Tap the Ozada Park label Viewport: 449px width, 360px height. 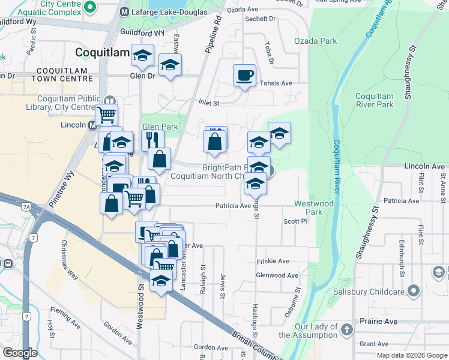[x=315, y=41]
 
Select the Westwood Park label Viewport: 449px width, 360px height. [x=313, y=208]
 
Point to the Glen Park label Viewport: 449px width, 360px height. [x=160, y=127]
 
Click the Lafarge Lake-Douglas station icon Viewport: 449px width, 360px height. [x=125, y=12]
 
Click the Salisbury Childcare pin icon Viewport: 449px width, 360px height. [x=413, y=292]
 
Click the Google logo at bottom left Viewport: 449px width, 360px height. [x=19, y=353]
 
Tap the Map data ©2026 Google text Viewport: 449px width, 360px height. [x=412, y=355]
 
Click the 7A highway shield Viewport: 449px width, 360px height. [x=26, y=207]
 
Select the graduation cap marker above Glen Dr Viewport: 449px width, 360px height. [x=142, y=56]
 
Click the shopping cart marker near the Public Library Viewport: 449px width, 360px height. [x=106, y=114]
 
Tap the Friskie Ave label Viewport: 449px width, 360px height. [x=273, y=261]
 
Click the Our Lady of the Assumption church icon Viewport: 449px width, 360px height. [x=346, y=329]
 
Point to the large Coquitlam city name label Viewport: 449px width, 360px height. [x=102, y=53]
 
